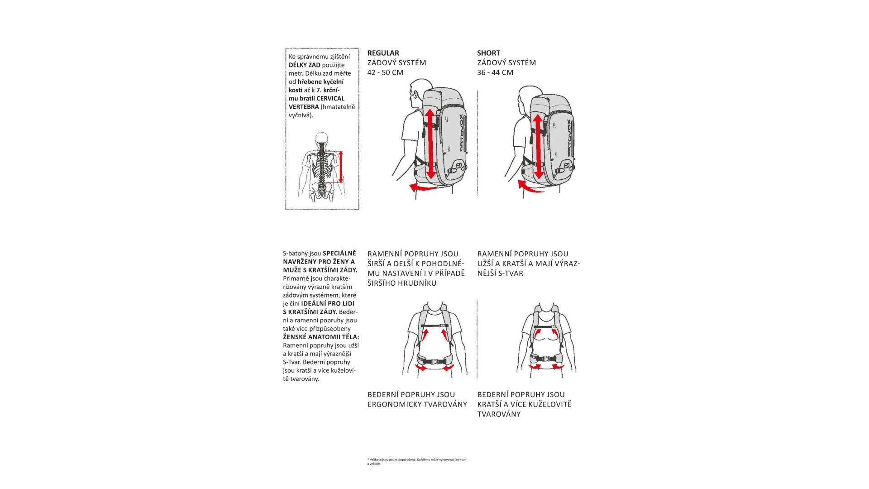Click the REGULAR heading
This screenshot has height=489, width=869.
[383, 53]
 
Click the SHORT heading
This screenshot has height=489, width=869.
[488, 53]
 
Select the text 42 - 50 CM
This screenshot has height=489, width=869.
[385, 72]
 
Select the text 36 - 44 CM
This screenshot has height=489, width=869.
[495, 72]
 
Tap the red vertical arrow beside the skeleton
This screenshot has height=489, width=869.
[341, 167]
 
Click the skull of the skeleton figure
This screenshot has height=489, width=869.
[322, 138]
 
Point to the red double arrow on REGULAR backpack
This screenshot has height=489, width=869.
[430, 144]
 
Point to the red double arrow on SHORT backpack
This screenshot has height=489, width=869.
[538, 146]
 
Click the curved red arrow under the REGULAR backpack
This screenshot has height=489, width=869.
[423, 187]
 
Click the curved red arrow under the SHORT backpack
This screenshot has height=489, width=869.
[530, 187]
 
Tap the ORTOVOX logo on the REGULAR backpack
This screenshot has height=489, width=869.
[461, 133]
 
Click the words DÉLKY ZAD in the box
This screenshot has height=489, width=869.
[305, 65]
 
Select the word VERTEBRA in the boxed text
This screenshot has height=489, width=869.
[304, 107]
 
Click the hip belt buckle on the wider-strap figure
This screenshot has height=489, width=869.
[434, 361]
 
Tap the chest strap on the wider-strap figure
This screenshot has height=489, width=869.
[435, 326]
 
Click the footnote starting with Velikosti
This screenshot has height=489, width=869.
[416, 461]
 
